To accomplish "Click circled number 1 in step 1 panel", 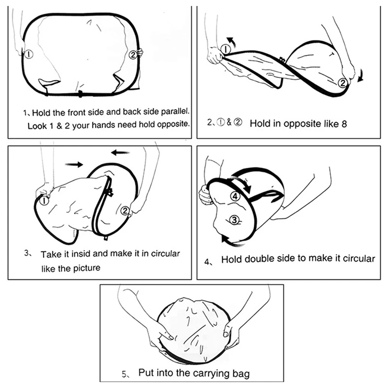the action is pos(29,54).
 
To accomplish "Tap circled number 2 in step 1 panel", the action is pos(132,55).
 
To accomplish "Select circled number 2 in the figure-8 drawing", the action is pos(343,83).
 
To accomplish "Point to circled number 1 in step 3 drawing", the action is pos(45,199).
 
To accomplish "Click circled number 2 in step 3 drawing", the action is pos(126,210).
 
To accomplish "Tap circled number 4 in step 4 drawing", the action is pos(235,196).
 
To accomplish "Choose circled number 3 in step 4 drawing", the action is pos(235,220).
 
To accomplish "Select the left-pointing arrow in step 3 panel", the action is pos(120,152).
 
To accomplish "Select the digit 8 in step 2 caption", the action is pos(345,123).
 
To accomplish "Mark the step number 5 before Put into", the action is pos(125,374).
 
